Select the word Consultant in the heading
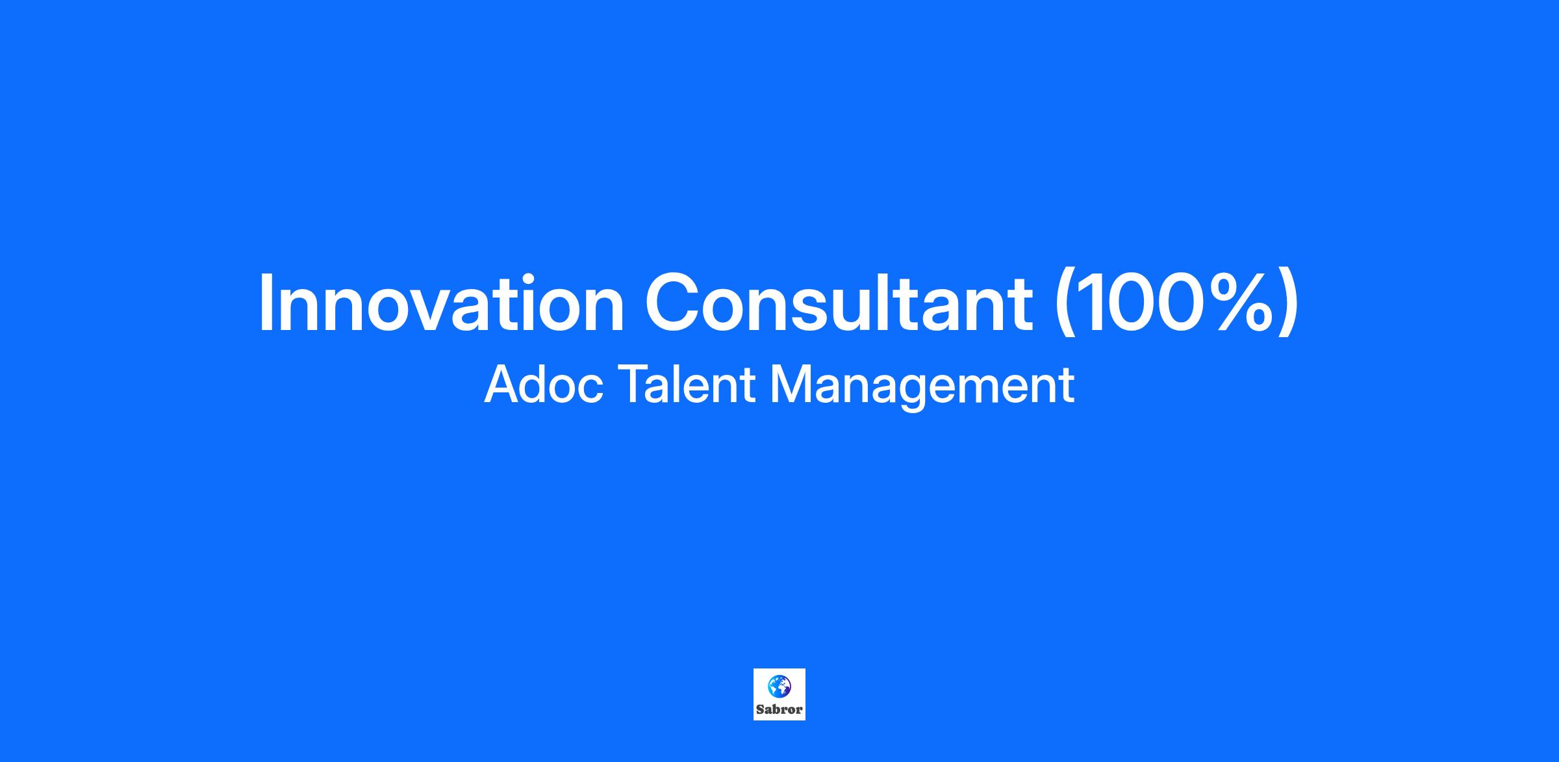(839, 303)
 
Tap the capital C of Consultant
(670, 303)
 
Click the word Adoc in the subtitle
(544, 385)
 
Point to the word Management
(922, 387)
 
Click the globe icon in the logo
(779, 685)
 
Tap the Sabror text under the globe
(779, 709)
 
